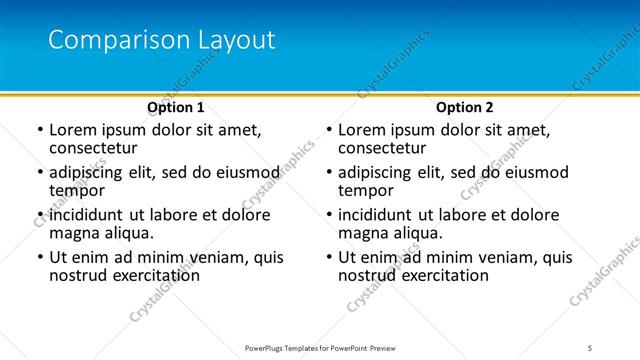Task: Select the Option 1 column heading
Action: tap(176, 107)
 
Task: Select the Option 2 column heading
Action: tap(465, 107)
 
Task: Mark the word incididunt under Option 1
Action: tap(88, 215)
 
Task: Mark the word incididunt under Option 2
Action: tap(377, 215)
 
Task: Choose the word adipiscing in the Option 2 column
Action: tap(380, 172)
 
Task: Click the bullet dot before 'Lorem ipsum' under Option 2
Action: tap(327, 131)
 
